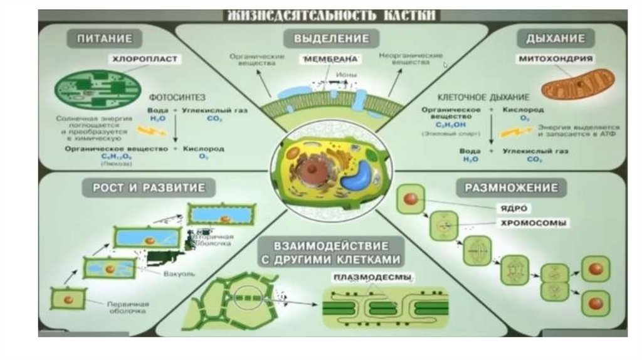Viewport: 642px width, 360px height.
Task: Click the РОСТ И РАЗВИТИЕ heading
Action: (145, 187)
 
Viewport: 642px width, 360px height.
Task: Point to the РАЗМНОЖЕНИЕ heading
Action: (512, 187)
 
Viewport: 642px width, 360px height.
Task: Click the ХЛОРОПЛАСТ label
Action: (145, 60)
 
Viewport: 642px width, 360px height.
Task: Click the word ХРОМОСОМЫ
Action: (535, 223)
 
